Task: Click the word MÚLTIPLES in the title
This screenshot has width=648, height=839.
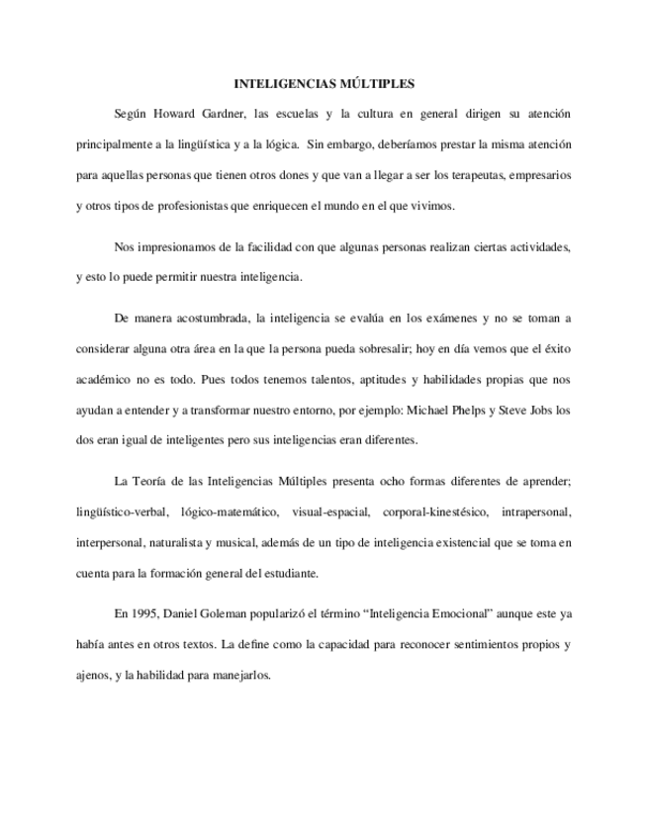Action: [379, 84]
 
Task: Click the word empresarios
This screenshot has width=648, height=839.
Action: [537, 175]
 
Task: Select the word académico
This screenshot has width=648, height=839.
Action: [105, 379]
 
